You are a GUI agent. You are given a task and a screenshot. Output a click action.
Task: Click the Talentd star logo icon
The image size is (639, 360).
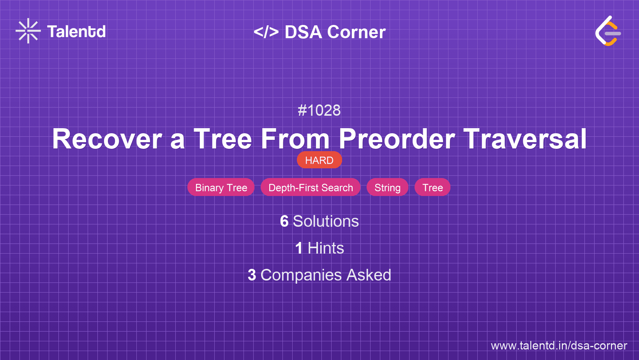click(x=28, y=31)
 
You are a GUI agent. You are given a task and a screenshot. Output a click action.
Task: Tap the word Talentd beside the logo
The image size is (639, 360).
click(x=76, y=32)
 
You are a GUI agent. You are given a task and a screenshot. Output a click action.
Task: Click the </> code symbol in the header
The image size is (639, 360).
click(x=266, y=32)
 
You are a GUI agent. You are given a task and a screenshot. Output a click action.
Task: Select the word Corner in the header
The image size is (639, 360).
click(x=356, y=32)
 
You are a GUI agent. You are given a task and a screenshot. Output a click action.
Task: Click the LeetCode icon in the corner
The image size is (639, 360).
click(x=608, y=31)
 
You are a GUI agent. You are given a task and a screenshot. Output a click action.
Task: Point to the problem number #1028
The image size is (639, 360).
click(x=319, y=110)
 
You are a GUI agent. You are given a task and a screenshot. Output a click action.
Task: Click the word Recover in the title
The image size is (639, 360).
click(x=107, y=139)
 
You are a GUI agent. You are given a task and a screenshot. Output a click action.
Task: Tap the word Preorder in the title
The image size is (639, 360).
click(x=397, y=139)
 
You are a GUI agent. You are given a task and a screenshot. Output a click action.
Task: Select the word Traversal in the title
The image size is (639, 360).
click(x=525, y=139)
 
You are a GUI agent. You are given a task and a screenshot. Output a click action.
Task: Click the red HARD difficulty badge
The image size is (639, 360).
click(x=319, y=160)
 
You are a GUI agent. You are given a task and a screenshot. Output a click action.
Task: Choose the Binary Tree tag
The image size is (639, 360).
click(x=221, y=187)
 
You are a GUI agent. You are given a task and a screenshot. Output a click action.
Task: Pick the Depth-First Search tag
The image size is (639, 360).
click(x=311, y=187)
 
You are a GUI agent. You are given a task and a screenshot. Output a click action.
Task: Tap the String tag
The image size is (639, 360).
click(x=387, y=187)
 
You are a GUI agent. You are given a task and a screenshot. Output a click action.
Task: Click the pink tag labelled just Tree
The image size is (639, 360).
click(x=432, y=187)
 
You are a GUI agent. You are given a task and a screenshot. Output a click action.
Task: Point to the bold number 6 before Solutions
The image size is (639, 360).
click(x=284, y=221)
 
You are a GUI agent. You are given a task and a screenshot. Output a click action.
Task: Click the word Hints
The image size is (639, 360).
click(x=326, y=248)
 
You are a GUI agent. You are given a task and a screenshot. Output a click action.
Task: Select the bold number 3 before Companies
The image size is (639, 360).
click(x=252, y=275)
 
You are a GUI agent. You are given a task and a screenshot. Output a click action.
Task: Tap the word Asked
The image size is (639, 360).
click(x=369, y=275)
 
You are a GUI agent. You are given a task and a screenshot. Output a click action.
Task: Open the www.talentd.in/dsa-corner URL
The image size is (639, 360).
click(x=559, y=346)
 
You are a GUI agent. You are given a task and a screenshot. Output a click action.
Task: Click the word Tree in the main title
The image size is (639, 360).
click(x=223, y=139)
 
